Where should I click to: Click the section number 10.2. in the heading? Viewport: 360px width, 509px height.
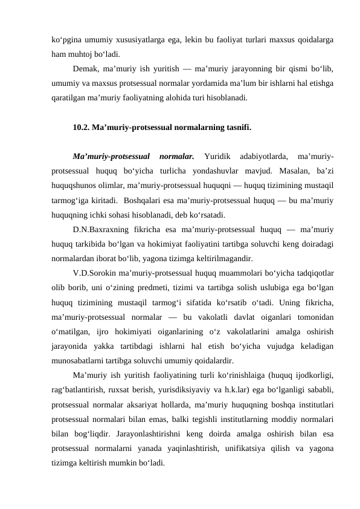coord(80,128)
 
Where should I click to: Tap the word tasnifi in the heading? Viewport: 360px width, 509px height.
coord(237,128)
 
